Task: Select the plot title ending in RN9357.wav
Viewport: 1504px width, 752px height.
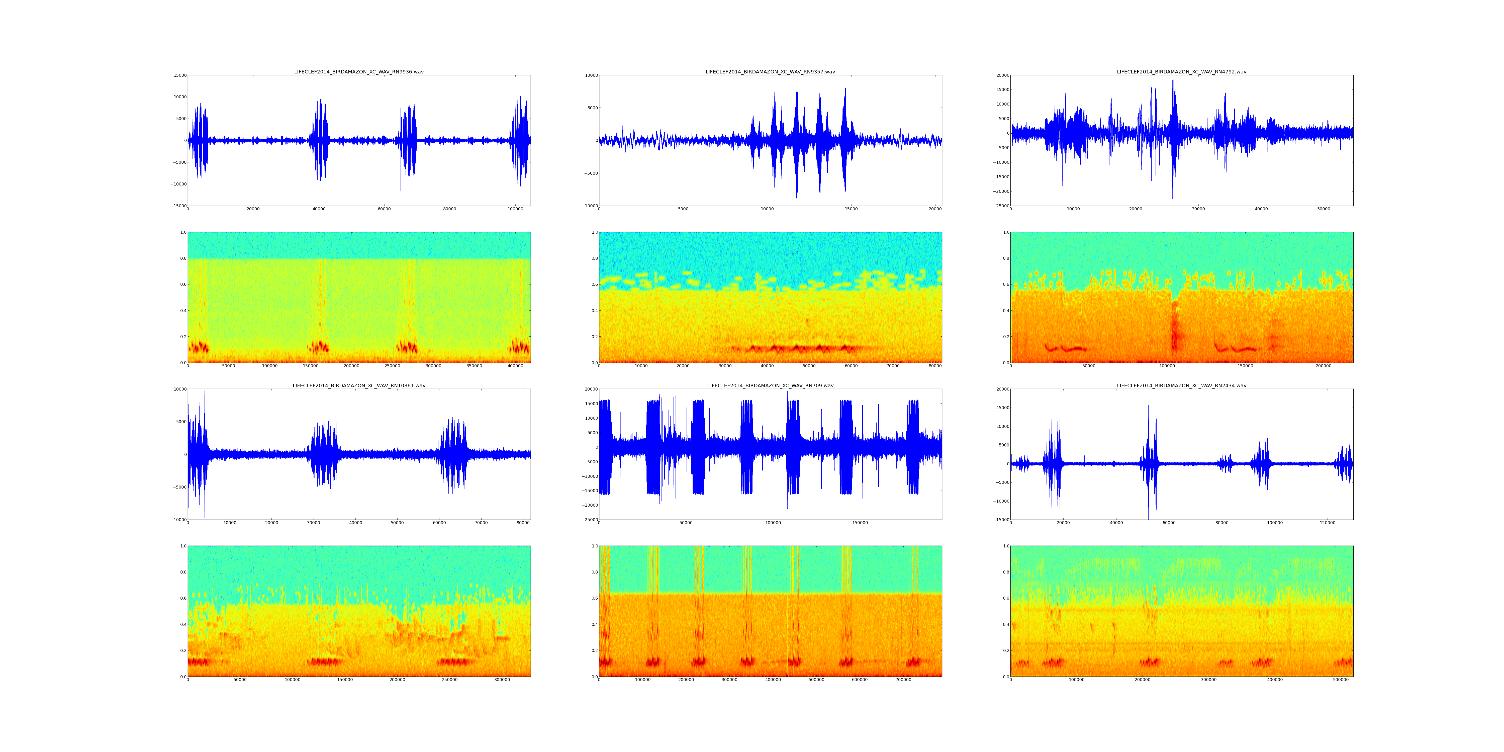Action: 770,72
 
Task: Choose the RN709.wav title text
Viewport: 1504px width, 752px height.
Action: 770,386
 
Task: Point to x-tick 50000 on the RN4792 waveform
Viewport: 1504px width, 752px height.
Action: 1324,209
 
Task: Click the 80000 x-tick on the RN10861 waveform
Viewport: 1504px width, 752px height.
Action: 523,523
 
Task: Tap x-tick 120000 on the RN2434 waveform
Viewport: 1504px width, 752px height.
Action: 1327,523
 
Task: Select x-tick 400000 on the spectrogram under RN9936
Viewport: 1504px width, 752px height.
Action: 515,366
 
